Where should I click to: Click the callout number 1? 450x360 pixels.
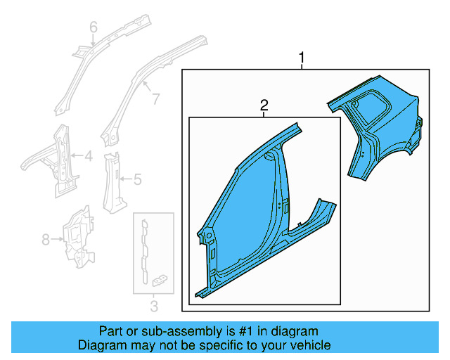tap(302, 58)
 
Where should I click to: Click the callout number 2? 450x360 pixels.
tap(264, 105)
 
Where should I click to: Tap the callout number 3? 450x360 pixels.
tap(154, 306)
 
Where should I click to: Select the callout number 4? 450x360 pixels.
tap(88, 157)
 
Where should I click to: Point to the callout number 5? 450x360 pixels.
tap(137, 180)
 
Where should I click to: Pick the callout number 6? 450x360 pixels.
tap(93, 27)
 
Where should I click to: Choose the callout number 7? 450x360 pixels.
tap(155, 99)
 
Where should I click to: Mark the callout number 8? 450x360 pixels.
tap(46, 240)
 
